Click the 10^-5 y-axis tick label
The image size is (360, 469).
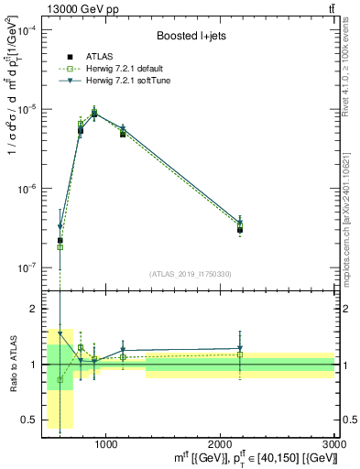[28, 109]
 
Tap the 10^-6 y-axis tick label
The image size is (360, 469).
[28, 189]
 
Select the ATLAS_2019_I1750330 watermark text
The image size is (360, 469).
[189, 274]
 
